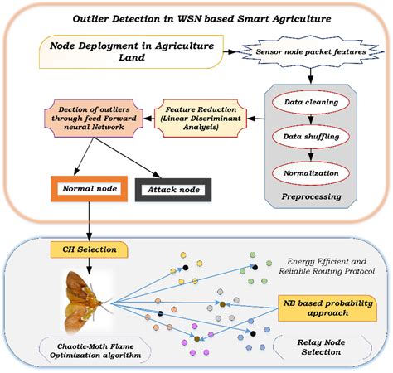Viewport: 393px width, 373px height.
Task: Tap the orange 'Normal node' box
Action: click(x=88, y=189)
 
